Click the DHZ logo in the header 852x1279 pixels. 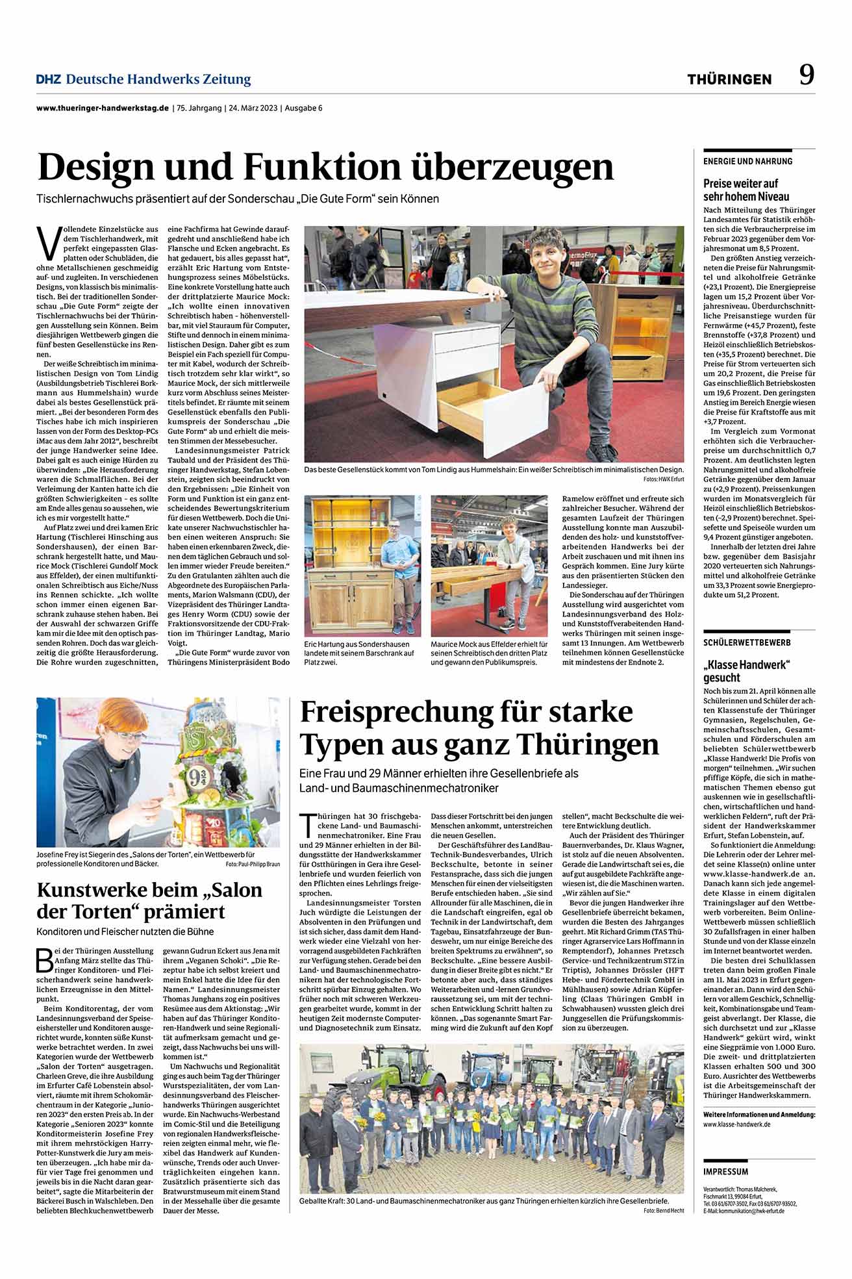49,79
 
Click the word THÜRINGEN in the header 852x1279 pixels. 730,79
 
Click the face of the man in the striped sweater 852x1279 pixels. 551,256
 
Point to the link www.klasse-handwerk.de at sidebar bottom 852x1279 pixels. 737,1124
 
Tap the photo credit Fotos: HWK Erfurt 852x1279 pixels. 664,479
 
